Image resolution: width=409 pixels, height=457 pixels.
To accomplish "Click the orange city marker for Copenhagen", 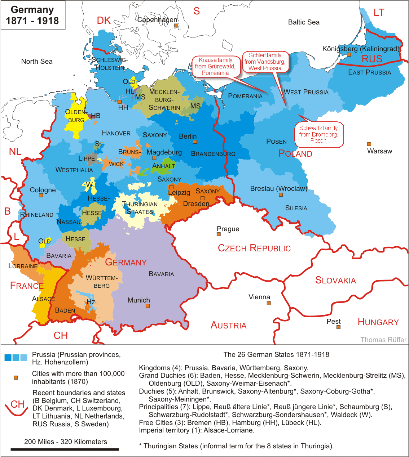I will [176, 26].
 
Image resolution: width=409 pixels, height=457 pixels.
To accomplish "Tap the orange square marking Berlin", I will [195, 142].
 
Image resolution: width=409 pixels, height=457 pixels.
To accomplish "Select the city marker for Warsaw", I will [369, 144].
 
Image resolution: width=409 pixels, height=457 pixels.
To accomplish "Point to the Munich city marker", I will [148, 306].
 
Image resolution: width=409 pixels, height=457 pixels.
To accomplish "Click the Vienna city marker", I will [269, 303].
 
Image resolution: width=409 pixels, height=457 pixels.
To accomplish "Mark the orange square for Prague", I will [219, 234].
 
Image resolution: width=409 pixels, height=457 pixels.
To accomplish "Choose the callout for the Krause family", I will [215, 67].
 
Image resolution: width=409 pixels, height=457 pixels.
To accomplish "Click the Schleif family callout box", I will [265, 62].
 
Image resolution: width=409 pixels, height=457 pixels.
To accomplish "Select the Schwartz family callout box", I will [318, 134].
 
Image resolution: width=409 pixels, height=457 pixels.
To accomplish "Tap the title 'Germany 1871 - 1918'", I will [32, 15].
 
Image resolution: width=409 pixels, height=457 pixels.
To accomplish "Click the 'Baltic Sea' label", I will [304, 22].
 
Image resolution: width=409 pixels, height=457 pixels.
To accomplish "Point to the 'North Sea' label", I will [37, 62].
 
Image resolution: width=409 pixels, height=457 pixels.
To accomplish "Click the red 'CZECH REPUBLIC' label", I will [254, 248].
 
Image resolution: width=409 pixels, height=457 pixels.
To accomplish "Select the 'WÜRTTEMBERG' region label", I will [102, 282].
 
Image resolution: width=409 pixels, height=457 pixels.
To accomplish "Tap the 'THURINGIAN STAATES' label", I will [140, 208].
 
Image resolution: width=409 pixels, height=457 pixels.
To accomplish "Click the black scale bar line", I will [65, 449].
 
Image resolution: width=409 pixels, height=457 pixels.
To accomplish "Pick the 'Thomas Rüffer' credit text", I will [383, 340].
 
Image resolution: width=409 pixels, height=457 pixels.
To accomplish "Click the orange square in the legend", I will [16, 377].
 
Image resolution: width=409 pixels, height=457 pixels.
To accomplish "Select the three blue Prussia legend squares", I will [16, 358].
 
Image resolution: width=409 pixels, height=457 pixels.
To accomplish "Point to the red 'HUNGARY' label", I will [378, 322].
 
